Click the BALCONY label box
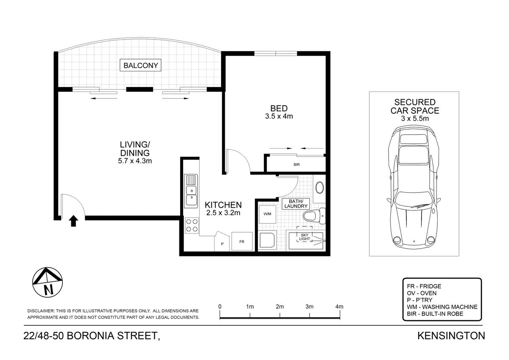pyautogui.click(x=140, y=65)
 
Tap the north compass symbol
pyautogui.click(x=48, y=282)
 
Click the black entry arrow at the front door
pyautogui.click(x=73, y=221)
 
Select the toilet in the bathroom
pyautogui.click(x=314, y=216)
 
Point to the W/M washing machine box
pyautogui.click(x=268, y=214)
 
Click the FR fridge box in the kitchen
pyautogui.click(x=242, y=242)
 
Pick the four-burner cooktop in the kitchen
pyautogui.click(x=192, y=225)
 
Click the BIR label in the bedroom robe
pyautogui.click(x=296, y=164)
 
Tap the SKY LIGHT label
pyautogui.click(x=305, y=237)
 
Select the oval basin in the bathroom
pyautogui.click(x=320, y=188)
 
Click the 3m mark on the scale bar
pyautogui.click(x=310, y=307)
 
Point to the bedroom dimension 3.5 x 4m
pyautogui.click(x=279, y=116)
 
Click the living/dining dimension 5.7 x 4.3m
pyautogui.click(x=135, y=161)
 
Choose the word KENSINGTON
pyautogui.click(x=451, y=336)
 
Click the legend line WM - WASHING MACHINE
pyautogui.click(x=442, y=307)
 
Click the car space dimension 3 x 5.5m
pyautogui.click(x=415, y=118)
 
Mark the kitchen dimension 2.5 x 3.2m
pyautogui.click(x=223, y=213)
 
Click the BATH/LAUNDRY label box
pyautogui.click(x=296, y=204)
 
